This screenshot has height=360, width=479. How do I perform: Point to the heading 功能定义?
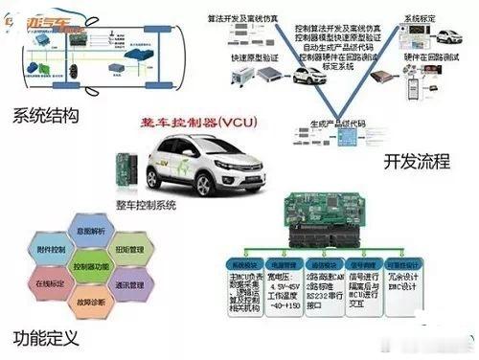(x=45, y=337)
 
